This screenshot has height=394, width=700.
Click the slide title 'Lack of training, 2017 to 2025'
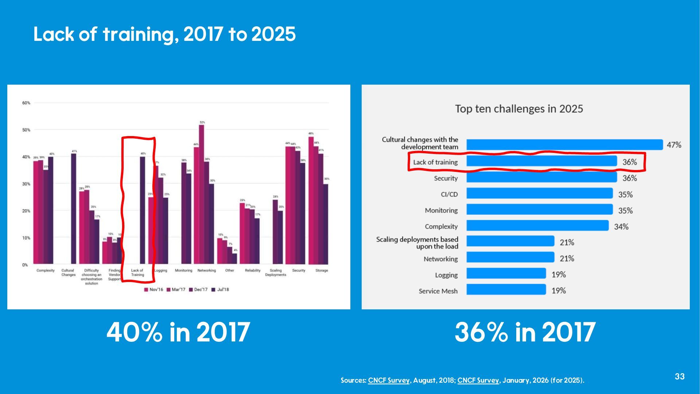(164, 34)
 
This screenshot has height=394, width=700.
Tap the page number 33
(680, 376)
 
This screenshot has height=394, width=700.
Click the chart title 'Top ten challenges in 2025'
(519, 109)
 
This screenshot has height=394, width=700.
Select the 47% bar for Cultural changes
(564, 145)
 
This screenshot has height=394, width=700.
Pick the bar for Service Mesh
(506, 290)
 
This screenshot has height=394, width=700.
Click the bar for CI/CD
(540, 193)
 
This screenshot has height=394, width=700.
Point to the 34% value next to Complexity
(621, 227)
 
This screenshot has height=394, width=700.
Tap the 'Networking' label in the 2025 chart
(440, 259)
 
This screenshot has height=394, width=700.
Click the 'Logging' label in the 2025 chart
(446, 275)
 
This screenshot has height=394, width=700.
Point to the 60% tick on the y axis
(26, 103)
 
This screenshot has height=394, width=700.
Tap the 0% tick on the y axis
(25, 265)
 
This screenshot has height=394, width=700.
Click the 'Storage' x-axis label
(322, 271)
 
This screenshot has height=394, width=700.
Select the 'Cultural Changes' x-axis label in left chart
(68, 273)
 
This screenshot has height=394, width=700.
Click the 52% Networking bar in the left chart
(201, 193)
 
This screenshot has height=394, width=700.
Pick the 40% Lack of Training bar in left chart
(143, 210)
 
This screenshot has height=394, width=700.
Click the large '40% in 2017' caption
(178, 332)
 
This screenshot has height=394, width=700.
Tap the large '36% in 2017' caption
(525, 332)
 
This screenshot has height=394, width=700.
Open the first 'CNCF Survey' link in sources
(389, 380)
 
